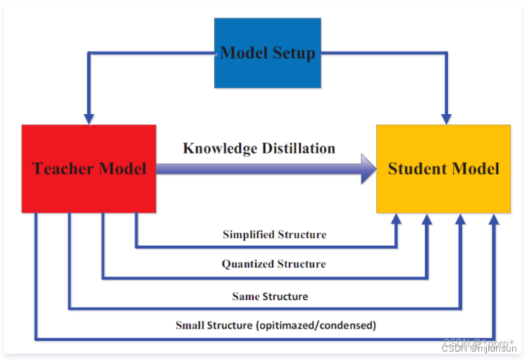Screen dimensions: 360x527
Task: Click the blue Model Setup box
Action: tap(267, 54)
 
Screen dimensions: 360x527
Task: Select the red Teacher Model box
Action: tap(89, 168)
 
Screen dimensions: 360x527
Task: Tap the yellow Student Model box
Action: tap(443, 168)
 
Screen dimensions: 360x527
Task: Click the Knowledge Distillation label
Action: tap(259, 148)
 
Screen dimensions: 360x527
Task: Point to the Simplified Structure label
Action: tap(275, 235)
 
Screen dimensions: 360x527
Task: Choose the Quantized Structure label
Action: tap(274, 264)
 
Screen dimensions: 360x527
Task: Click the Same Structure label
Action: tap(270, 297)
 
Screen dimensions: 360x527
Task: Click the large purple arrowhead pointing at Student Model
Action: tap(368, 169)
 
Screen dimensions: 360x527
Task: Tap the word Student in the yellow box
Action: tap(416, 168)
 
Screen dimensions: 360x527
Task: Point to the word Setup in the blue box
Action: tap(291, 54)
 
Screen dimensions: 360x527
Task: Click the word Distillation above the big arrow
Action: tap(297, 148)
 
